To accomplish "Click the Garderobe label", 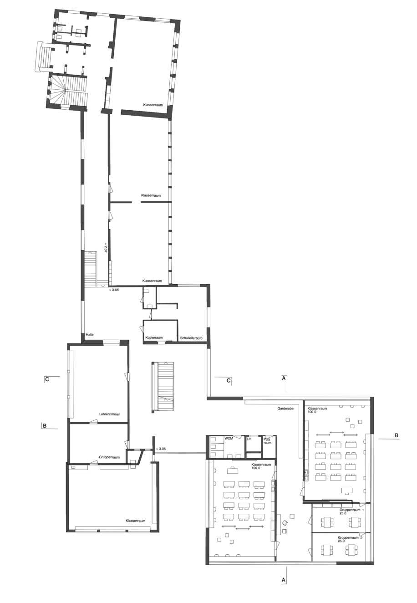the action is click(x=285, y=409).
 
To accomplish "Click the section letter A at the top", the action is click(x=283, y=378).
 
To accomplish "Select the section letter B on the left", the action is click(x=45, y=426).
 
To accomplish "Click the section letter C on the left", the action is click(x=47, y=379).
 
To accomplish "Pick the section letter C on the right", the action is click(x=229, y=381).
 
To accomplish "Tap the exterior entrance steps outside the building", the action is click(x=42, y=56).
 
